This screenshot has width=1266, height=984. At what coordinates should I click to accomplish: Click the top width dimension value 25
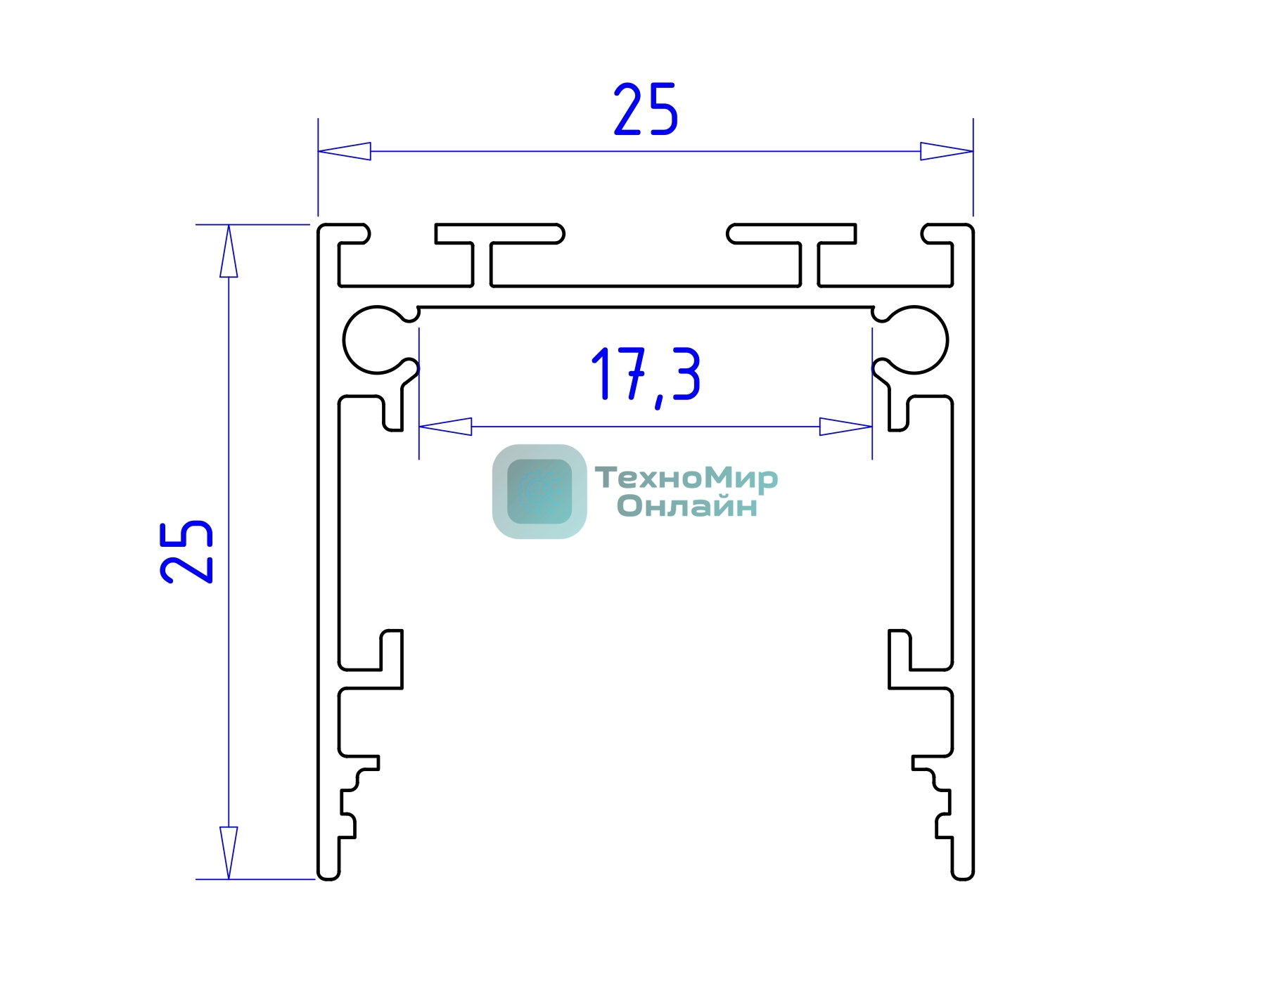pyautogui.click(x=646, y=109)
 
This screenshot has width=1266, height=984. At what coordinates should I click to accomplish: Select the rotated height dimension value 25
pyautogui.click(x=186, y=552)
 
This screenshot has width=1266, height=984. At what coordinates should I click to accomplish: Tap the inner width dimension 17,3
pyautogui.click(x=646, y=375)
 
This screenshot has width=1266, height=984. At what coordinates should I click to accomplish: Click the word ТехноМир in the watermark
pyautogui.click(x=686, y=478)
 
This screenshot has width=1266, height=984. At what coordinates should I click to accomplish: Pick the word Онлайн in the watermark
pyautogui.click(x=687, y=506)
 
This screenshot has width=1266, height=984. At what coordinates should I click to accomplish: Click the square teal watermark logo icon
pyautogui.click(x=539, y=491)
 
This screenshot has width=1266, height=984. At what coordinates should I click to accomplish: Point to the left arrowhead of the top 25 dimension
pyautogui.click(x=344, y=151)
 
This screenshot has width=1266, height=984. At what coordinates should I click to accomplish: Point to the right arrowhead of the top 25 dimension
pyautogui.click(x=947, y=151)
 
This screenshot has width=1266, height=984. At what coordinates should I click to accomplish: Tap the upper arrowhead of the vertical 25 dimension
pyautogui.click(x=229, y=251)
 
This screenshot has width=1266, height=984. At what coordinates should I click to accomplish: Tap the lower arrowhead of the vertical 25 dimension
pyautogui.click(x=229, y=853)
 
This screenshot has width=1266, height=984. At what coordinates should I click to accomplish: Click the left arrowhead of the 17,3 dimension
pyautogui.click(x=445, y=427)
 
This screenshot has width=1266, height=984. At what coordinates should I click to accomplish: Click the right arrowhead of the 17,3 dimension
pyautogui.click(x=846, y=427)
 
